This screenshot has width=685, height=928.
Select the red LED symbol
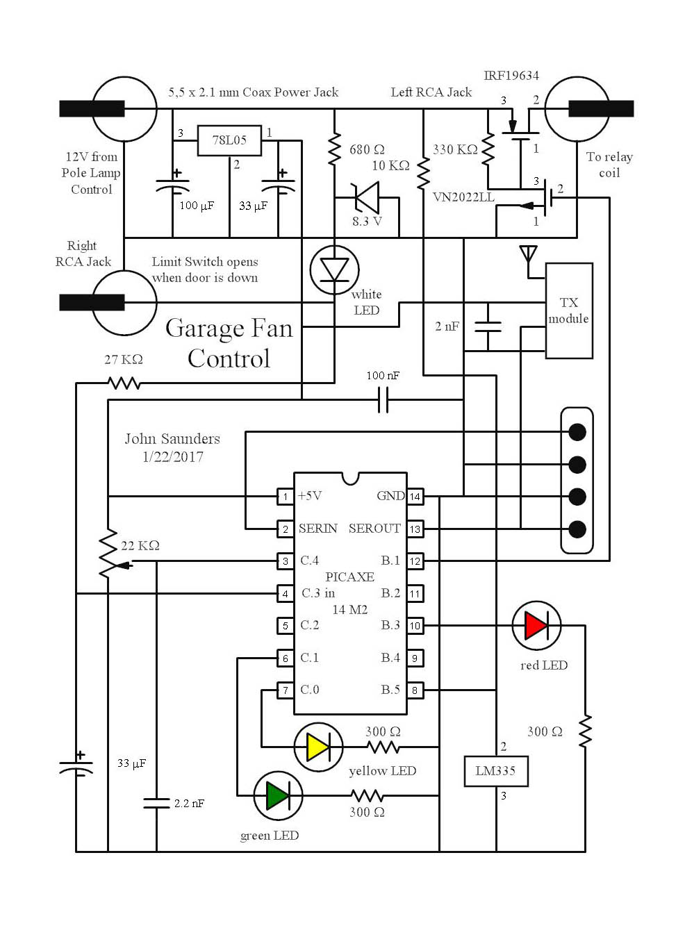[536, 625]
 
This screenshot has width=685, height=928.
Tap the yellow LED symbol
[318, 747]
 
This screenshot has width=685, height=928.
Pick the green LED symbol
[278, 795]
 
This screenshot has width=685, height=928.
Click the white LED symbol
[334, 270]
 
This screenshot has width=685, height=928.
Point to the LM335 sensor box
[496, 771]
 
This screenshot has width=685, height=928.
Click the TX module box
[569, 310]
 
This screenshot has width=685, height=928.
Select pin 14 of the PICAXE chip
[415, 497]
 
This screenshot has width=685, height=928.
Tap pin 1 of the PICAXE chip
[285, 497]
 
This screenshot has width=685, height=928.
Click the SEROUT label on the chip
[374, 529]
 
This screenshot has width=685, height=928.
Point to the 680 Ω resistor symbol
[335, 150]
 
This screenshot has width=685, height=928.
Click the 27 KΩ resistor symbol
[124, 382]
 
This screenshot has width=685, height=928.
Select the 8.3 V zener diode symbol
[366, 198]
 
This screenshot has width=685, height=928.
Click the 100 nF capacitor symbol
[383, 400]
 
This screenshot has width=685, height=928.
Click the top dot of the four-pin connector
[577, 432]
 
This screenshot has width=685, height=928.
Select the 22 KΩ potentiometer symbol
[108, 552]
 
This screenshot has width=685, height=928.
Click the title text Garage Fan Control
[229, 343]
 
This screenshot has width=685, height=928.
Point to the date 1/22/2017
[172, 457]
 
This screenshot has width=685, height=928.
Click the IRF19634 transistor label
[511, 76]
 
